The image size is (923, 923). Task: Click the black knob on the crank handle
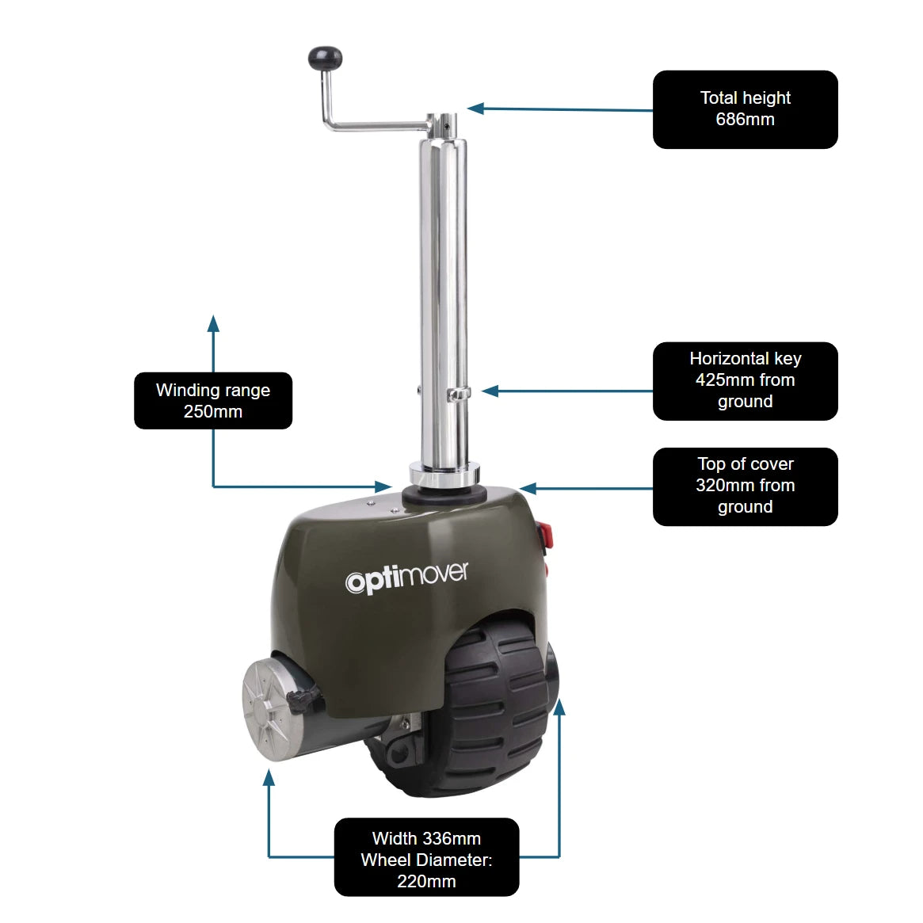pyautogui.click(x=325, y=57)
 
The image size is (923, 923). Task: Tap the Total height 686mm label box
pyautogui.click(x=745, y=109)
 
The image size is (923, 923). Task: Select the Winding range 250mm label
pyautogui.click(x=212, y=401)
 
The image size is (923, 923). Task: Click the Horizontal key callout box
pyautogui.click(x=745, y=380)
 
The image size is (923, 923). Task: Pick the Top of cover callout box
pyautogui.click(x=745, y=486)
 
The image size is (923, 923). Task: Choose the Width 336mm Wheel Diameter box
pyautogui.click(x=426, y=857)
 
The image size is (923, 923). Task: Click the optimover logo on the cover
pyautogui.click(x=406, y=578)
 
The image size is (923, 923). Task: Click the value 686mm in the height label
pyautogui.click(x=745, y=120)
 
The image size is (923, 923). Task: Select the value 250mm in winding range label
pyautogui.click(x=212, y=412)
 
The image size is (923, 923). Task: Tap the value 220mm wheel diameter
pyautogui.click(x=426, y=881)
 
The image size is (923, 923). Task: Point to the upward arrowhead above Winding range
pyautogui.click(x=212, y=322)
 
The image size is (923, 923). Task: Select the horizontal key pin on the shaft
pyautogui.click(x=459, y=392)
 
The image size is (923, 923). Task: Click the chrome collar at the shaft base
pyautogui.click(x=444, y=476)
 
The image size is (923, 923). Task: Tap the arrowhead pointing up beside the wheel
pyautogui.click(x=559, y=708)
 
